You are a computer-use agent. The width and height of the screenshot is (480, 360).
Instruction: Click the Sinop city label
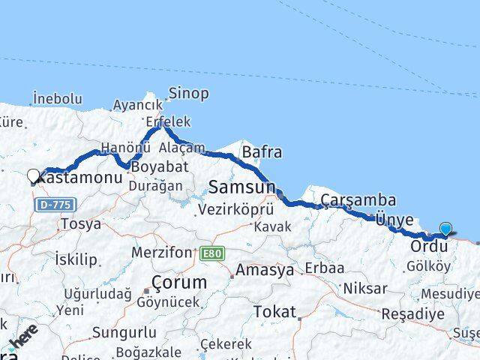pyautogui.click(x=189, y=94)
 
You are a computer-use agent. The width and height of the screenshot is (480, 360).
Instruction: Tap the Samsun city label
pyautogui.click(x=242, y=186)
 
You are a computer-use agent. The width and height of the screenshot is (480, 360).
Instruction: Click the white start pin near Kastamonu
pyautogui.click(x=33, y=176)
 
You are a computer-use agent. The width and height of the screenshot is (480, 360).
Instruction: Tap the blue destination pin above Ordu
pyautogui.click(x=446, y=229)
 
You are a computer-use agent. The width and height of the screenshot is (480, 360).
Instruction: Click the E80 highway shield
pyautogui.click(x=211, y=254)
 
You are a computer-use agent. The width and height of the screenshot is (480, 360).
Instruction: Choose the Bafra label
pyautogui.click(x=262, y=152)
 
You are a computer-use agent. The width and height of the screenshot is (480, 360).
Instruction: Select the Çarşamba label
pyautogui.click(x=358, y=200)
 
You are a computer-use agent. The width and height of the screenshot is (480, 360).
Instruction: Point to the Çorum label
pyautogui.click(x=178, y=283)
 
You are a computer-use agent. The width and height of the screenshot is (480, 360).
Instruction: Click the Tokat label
pyautogui.click(x=274, y=311)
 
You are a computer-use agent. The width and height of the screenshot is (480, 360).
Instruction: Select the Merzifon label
pyautogui.click(x=161, y=253)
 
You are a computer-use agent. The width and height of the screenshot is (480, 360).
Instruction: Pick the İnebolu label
pyautogui.click(x=57, y=98)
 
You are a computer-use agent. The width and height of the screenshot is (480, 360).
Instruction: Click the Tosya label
pyautogui.click(x=81, y=223)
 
